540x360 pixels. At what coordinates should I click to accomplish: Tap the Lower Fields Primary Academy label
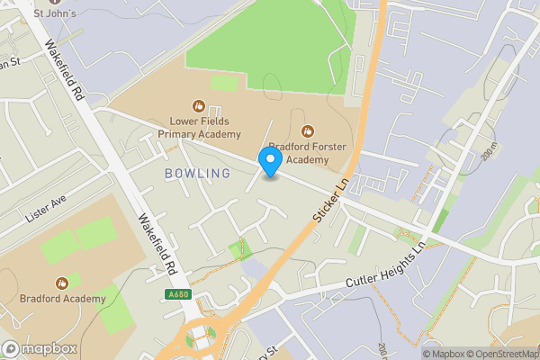(x=200, y=127)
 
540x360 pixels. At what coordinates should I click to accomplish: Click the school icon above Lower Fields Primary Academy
(x=199, y=104)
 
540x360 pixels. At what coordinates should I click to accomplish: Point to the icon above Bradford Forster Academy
(x=309, y=130)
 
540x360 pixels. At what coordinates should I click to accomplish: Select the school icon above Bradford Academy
(x=61, y=282)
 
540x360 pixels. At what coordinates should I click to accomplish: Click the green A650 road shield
(x=179, y=293)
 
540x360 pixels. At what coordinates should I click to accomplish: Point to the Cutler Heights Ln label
(x=384, y=268)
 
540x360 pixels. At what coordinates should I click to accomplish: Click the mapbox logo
(x=40, y=349)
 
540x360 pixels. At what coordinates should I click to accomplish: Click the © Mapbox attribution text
(x=445, y=353)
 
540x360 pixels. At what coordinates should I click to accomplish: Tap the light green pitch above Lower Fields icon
(x=224, y=84)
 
